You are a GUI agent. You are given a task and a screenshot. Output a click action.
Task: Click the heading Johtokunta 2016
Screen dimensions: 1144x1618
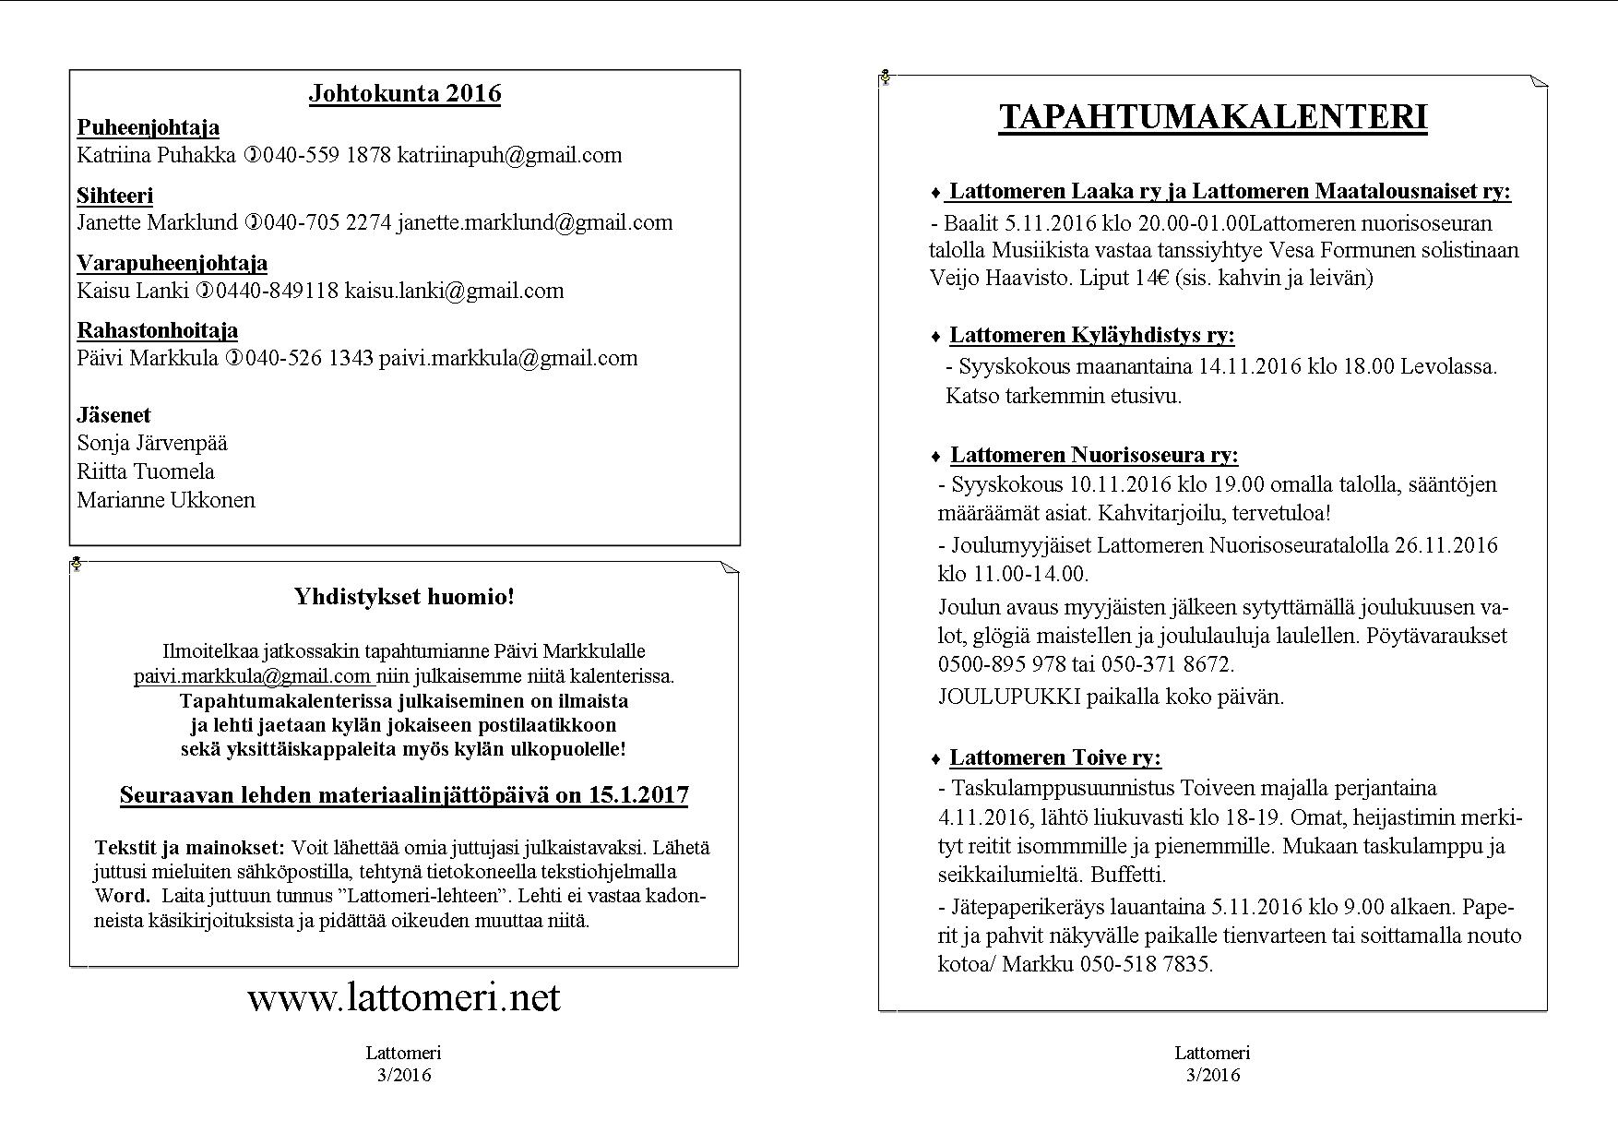[x=405, y=93]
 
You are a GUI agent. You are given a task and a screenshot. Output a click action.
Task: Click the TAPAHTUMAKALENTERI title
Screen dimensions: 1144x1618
[x=1213, y=117]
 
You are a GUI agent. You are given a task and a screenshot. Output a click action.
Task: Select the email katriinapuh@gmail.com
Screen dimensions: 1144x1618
[x=509, y=155]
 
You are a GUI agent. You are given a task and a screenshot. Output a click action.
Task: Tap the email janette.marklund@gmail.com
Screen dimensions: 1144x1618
[x=535, y=222]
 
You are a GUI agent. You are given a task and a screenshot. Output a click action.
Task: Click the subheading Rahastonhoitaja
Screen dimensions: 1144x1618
[x=158, y=330]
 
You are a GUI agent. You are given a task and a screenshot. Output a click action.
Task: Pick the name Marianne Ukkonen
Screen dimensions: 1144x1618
[x=166, y=500]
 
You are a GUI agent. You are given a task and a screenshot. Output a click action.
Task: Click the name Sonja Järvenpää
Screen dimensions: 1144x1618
[x=152, y=443]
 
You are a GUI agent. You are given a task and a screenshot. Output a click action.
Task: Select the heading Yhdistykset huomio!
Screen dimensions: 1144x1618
[x=404, y=596]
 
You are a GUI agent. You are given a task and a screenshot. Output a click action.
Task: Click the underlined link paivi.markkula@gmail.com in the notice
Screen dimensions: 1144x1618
[x=252, y=676]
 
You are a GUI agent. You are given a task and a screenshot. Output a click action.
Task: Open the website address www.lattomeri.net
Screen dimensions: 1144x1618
[x=404, y=997]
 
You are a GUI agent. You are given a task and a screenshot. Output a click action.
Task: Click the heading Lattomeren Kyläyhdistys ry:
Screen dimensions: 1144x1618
[x=1092, y=335]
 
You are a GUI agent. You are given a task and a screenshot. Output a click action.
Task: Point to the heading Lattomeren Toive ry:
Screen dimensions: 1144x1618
[x=1055, y=757]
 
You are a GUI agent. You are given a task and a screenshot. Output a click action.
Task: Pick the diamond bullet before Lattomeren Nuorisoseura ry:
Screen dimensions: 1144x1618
[x=936, y=456]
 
